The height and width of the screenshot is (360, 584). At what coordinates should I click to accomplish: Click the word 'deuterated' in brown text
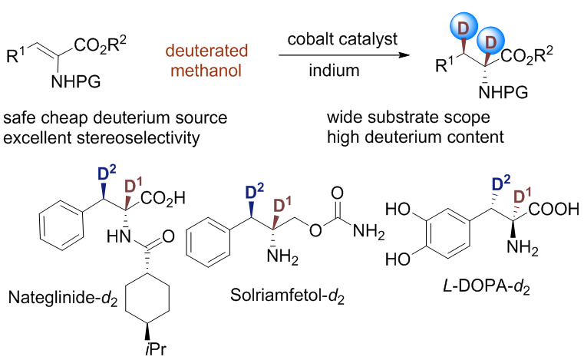[x=206, y=44]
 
